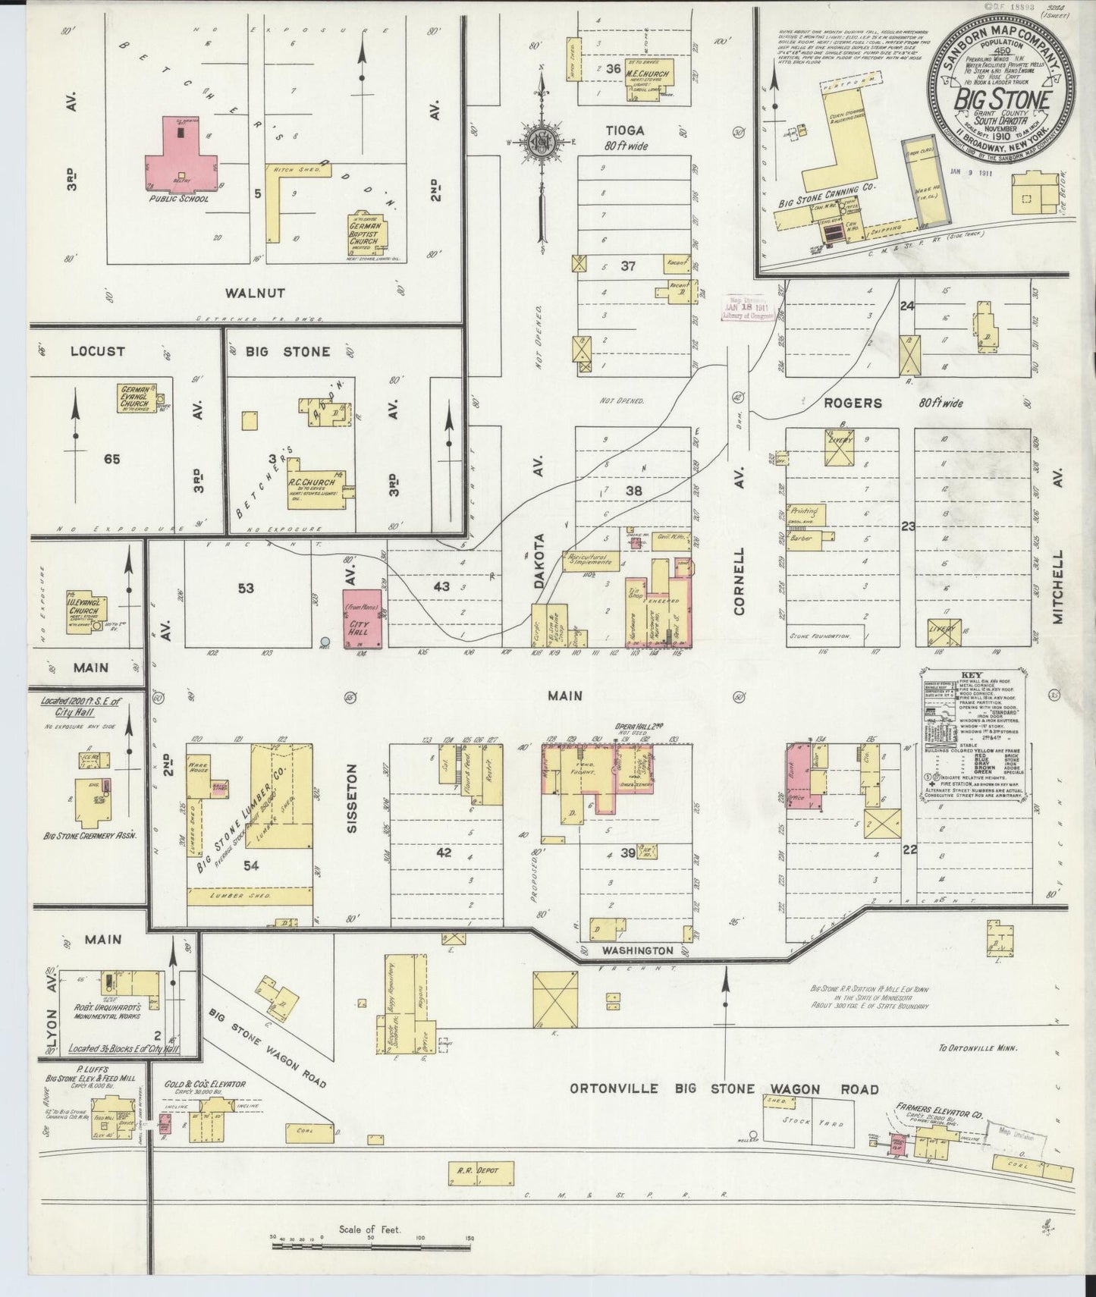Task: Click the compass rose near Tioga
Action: coord(542,140)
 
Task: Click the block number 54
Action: coord(251,865)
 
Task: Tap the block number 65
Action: coord(111,458)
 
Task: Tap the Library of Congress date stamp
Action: coord(749,309)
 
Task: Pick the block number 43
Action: coord(441,586)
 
